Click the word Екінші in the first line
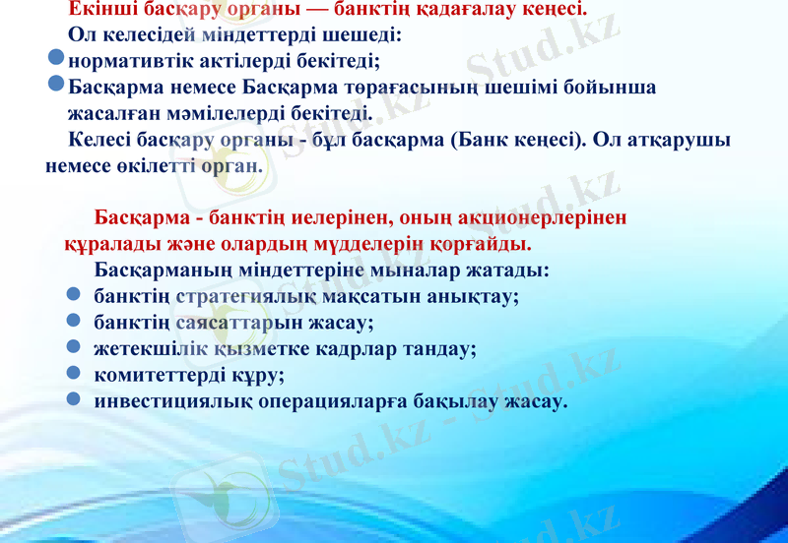(x=102, y=11)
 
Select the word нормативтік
(x=126, y=62)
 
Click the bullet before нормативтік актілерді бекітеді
(x=57, y=61)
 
